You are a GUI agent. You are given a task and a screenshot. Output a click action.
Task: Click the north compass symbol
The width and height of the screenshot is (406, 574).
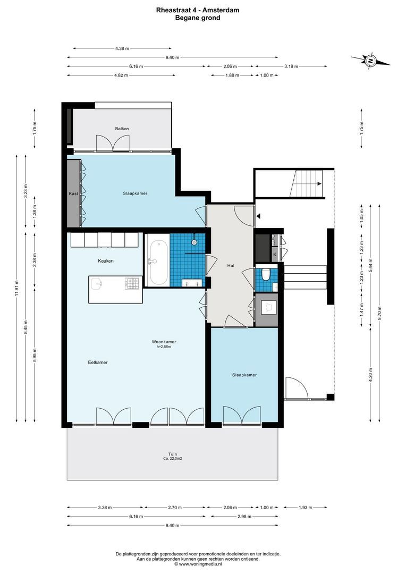(370, 61)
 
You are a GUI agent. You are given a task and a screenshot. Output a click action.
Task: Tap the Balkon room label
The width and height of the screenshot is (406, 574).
(122, 129)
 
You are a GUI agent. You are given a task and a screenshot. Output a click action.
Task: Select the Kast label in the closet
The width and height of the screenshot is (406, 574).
(73, 193)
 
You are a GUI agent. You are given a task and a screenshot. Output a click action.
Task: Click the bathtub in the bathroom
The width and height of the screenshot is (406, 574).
(157, 263)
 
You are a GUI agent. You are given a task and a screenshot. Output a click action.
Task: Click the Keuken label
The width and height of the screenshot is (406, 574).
(105, 261)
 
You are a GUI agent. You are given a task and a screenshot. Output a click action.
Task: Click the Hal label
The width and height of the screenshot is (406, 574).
(231, 265)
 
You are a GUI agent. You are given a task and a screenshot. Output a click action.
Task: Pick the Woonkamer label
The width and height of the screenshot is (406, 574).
(164, 342)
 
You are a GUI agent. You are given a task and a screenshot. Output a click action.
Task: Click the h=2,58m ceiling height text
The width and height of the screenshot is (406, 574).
(164, 347)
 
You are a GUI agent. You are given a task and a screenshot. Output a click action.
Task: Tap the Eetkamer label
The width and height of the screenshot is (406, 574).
(98, 362)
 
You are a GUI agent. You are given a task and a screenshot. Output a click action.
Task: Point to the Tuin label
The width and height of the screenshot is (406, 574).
(172, 454)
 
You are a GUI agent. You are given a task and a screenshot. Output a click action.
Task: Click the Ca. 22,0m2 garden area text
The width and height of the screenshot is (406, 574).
(172, 459)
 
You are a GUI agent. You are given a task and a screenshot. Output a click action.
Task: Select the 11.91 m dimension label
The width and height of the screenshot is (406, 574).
(16, 290)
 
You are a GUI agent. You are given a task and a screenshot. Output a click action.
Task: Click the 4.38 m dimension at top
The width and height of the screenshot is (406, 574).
(122, 49)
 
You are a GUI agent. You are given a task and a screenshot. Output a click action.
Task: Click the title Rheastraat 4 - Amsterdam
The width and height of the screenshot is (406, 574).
(197, 10)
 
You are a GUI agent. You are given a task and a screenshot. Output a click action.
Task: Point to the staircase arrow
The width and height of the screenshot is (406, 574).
(318, 184)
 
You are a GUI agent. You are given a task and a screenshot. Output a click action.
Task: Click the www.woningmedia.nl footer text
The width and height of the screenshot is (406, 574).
(198, 564)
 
